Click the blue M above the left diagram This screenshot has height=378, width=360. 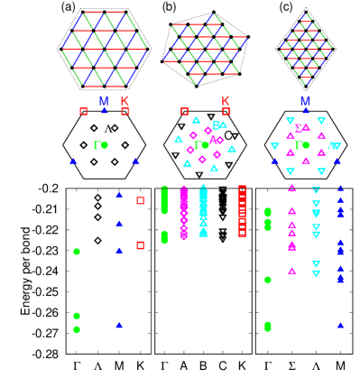tap(104, 101)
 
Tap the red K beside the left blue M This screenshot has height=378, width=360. tap(125, 101)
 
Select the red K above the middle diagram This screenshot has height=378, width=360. tap(226, 101)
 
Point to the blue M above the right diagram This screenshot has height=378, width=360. tap(305, 101)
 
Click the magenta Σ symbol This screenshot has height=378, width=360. tap(298, 128)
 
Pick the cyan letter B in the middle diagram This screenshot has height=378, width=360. tap(216, 125)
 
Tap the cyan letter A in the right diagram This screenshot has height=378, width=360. tap(331, 145)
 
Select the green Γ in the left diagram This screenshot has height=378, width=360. tap(97, 145)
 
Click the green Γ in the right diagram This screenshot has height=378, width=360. tap(298, 145)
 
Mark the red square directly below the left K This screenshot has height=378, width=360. tap(125, 112)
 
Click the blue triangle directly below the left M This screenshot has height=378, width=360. tap(104, 111)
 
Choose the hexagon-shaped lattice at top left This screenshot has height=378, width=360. tap(104, 49)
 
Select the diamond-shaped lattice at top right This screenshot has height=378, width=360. tap(306, 49)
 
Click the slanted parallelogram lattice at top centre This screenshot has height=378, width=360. tap(205, 49)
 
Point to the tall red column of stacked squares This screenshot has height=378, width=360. tap(242, 212)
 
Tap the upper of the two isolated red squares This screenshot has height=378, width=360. tap(140, 200)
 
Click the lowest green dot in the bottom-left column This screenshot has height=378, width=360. tap(77, 329)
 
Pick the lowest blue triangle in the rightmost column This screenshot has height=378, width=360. tap(340, 325)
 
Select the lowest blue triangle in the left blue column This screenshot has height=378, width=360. tap(119, 325)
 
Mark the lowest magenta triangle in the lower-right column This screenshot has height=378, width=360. tap(291, 271)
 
